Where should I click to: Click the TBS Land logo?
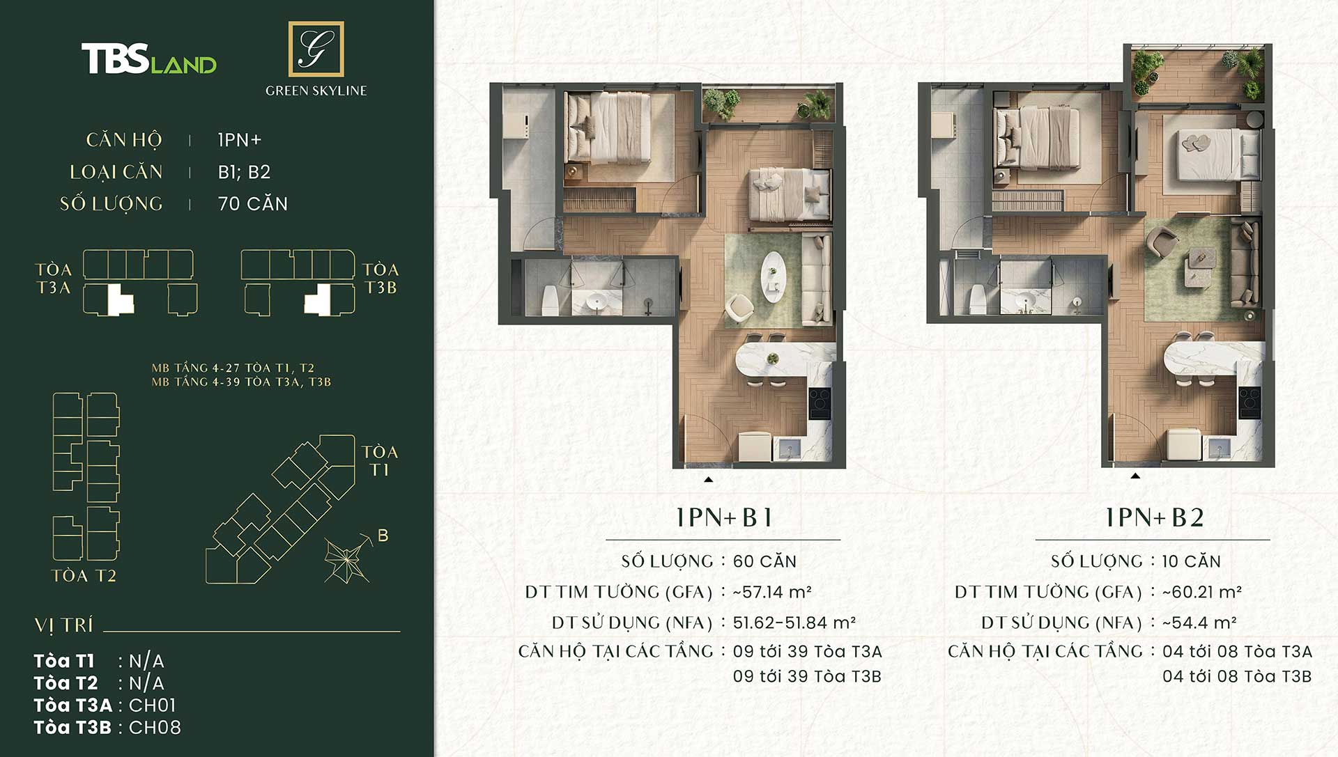pyautogui.click(x=149, y=59)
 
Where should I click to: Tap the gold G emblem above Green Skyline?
pyautogui.click(x=316, y=49)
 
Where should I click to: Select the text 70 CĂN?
pyautogui.click(x=253, y=204)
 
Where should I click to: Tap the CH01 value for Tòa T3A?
pyautogui.click(x=153, y=705)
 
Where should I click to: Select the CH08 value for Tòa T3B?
pyautogui.click(x=155, y=728)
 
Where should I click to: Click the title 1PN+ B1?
pyautogui.click(x=724, y=517)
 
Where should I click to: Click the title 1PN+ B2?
pyautogui.click(x=1155, y=517)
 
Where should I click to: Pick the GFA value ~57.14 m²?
pyautogui.click(x=772, y=592)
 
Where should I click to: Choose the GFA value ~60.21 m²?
pyautogui.click(x=1202, y=592)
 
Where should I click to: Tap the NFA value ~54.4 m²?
pyautogui.click(x=1199, y=623)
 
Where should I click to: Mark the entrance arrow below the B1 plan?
pyautogui.click(x=708, y=479)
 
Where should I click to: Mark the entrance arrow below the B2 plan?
pyautogui.click(x=1135, y=476)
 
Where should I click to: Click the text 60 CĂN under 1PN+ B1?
pyautogui.click(x=764, y=561)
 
